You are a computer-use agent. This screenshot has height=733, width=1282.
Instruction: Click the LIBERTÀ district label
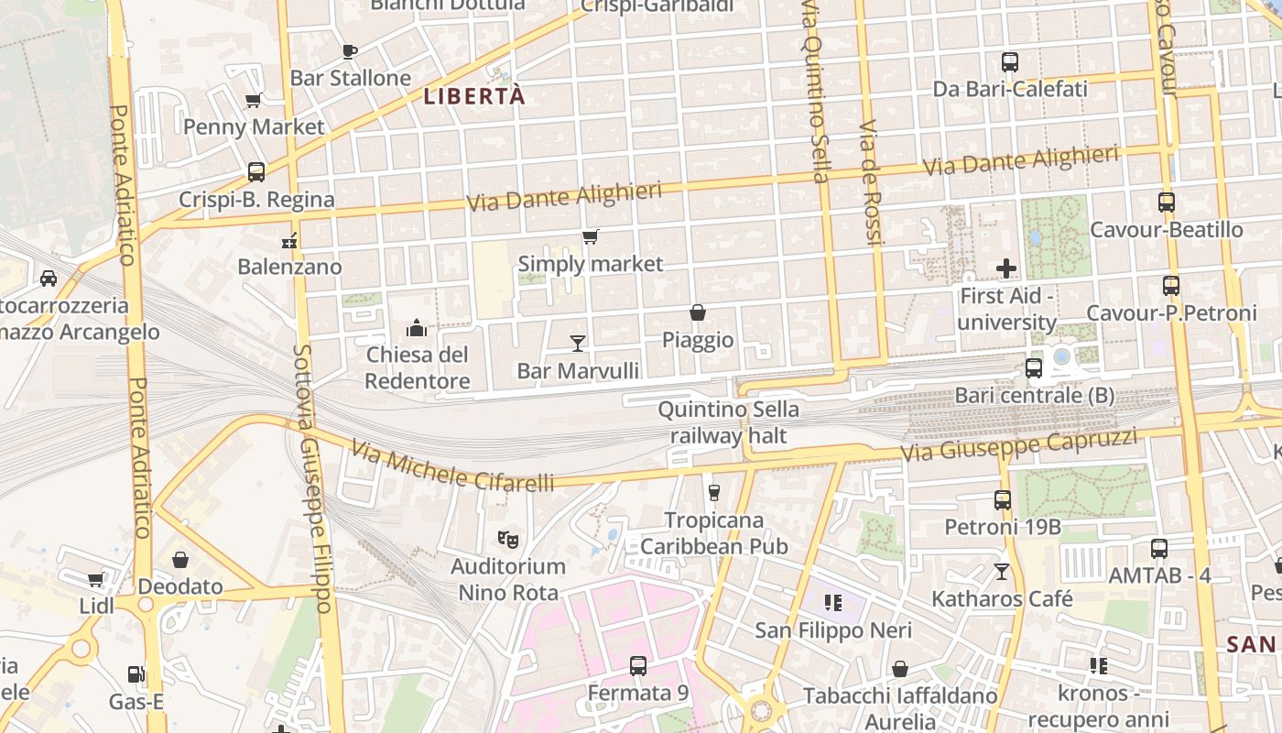coord(474,95)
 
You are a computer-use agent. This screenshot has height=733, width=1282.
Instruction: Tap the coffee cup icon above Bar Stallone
coord(348,51)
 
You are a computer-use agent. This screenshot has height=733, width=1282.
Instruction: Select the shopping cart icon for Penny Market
coord(254,100)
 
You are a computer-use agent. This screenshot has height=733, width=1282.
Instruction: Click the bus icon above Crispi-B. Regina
coord(256,172)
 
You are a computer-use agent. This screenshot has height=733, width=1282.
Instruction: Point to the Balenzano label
coord(289,268)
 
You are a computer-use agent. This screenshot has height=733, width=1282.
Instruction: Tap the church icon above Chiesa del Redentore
coord(417,328)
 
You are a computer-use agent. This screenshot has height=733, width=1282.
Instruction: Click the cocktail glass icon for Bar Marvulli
coord(578,344)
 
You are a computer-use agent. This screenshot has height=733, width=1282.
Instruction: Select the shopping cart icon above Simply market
coord(591,237)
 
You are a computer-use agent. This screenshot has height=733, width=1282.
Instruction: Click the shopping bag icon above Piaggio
coord(698,313)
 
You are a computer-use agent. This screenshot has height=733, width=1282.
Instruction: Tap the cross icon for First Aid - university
coord(1006,268)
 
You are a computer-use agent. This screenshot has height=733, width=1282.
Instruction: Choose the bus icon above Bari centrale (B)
coord(1034,368)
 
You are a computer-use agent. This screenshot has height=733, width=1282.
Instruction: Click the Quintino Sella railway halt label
coord(728,422)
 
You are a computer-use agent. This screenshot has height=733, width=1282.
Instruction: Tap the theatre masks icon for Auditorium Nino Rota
coord(507,540)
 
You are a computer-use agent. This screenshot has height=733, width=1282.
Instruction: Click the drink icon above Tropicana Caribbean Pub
coord(714,493)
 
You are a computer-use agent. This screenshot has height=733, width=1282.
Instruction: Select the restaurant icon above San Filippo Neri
coord(833,603)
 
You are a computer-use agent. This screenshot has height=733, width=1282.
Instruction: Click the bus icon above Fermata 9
coord(638,666)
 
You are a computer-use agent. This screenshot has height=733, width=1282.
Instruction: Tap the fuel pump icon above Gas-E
coord(136,675)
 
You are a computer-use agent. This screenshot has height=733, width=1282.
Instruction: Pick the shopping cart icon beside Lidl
coord(95,580)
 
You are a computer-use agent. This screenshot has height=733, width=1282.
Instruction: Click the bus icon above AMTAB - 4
coord(1159,549)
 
